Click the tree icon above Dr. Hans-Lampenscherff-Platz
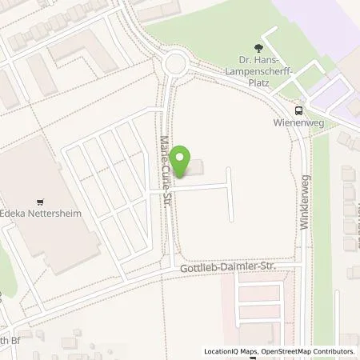(x=258, y=47)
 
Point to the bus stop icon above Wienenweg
(x=298, y=111)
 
